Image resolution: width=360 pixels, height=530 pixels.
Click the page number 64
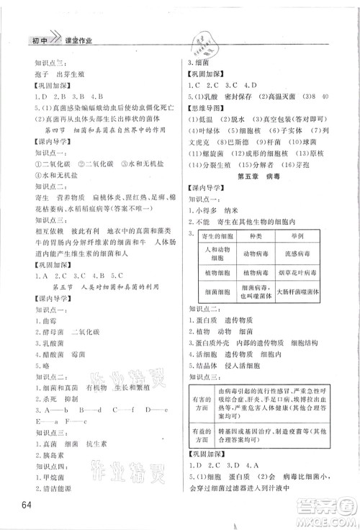[x=27, y=502]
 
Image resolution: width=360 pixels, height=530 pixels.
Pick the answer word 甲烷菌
[x=53, y=475]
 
